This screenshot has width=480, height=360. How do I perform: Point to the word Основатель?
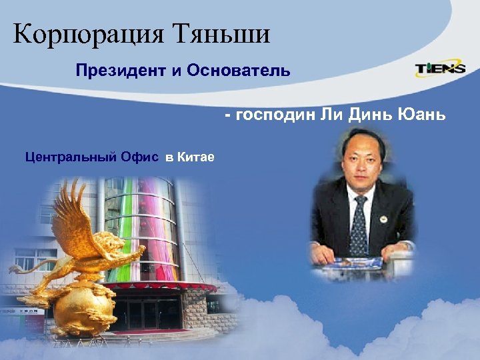240,70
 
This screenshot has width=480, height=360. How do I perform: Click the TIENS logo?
441,69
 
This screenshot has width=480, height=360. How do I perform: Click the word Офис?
140,157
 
